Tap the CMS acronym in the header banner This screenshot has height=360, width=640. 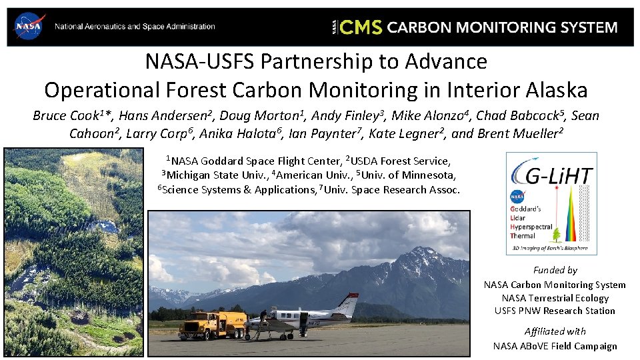click(361, 27)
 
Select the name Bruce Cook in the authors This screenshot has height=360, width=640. click(63, 115)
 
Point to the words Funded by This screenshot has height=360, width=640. click(555, 270)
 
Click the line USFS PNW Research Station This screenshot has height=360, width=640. click(555, 311)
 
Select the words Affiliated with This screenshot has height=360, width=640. click(555, 331)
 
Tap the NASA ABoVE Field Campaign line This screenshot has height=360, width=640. click(555, 345)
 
